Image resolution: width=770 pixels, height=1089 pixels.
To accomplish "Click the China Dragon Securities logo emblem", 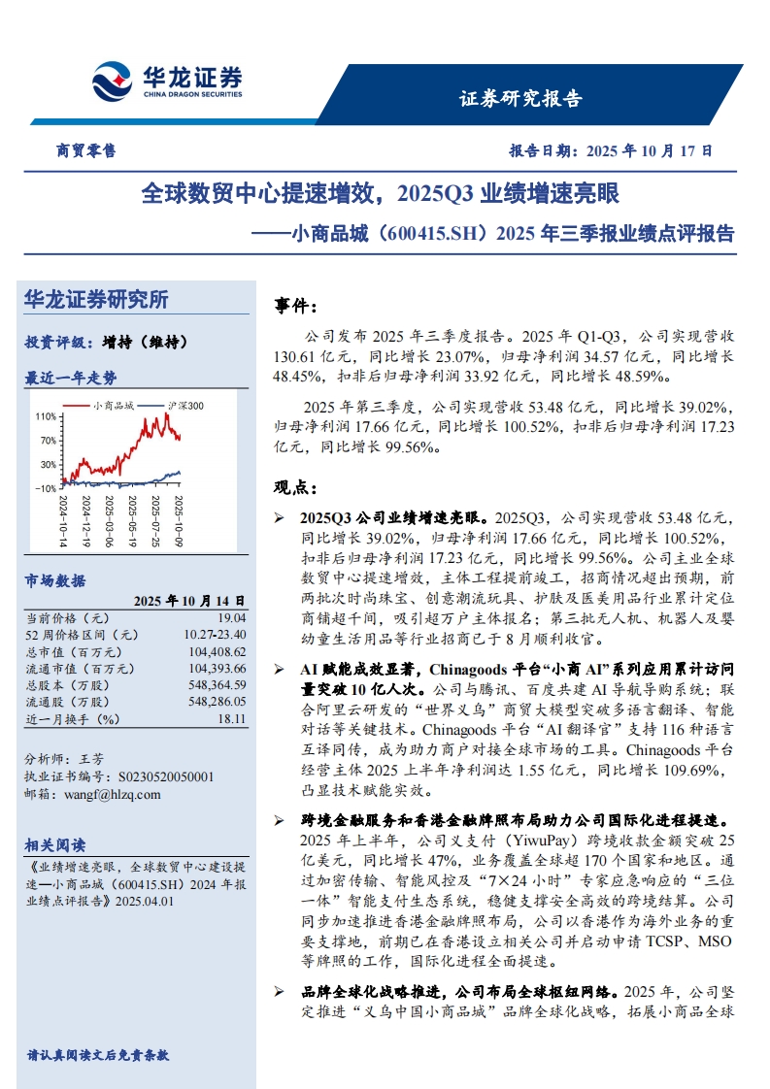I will [113, 82].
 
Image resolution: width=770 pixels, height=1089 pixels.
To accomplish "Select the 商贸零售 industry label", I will [85, 151].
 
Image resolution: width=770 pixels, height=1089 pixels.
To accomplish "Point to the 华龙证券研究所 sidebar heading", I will [95, 300].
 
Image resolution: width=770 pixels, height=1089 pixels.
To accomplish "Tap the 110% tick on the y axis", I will [45, 416].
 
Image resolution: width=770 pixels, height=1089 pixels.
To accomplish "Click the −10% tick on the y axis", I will [45, 488].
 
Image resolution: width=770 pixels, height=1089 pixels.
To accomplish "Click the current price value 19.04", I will [232, 617].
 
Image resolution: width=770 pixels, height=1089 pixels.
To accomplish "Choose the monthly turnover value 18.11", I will [232, 719].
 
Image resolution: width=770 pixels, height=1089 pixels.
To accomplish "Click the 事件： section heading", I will [296, 308].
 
